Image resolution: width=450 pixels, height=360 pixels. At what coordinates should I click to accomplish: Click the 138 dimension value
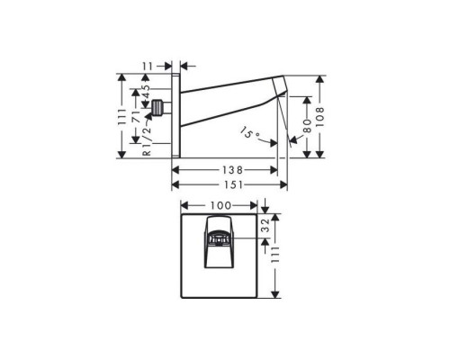232,170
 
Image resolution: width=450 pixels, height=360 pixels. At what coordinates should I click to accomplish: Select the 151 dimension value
233,184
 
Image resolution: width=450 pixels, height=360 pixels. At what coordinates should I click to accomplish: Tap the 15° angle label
249,133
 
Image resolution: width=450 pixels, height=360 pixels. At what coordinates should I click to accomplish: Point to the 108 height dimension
320,116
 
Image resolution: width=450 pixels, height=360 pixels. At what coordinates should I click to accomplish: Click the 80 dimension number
307,126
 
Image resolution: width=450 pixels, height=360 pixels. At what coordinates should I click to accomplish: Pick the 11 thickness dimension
148,66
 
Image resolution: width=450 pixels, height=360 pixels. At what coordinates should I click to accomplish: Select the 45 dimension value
146,92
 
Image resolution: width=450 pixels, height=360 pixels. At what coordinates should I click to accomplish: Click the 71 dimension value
136,116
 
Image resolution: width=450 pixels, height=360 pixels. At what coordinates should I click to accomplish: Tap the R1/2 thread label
147,140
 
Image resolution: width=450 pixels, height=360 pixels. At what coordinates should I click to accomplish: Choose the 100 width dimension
220,205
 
